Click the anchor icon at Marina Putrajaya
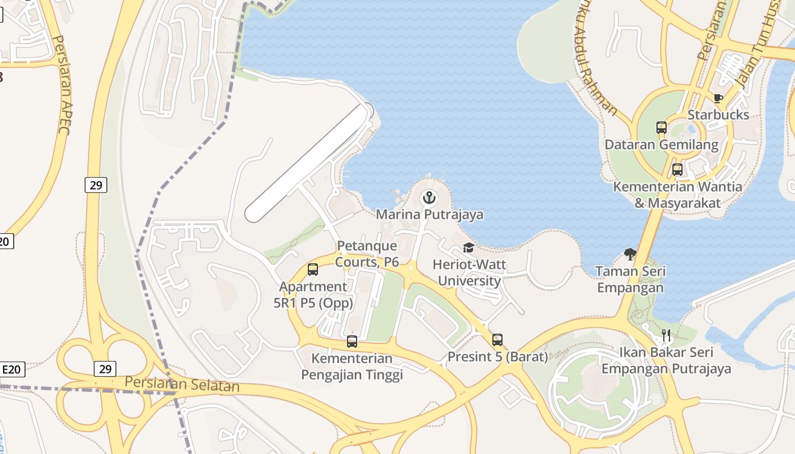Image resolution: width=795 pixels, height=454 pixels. click(429, 198)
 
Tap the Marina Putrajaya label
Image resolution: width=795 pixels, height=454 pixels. click(429, 215)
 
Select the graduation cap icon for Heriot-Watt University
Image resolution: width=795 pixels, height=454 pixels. click(468, 247)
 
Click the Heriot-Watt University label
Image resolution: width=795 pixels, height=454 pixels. click(469, 272)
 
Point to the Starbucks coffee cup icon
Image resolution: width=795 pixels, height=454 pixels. click(718, 98)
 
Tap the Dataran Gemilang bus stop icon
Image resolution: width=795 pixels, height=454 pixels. click(661, 128)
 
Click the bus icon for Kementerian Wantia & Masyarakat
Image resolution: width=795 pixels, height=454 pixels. click(677, 169)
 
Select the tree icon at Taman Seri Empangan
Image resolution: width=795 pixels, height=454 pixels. click(630, 254)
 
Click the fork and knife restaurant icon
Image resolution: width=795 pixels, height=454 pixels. click(667, 335)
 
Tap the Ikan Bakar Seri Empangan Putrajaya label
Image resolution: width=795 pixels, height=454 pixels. click(666, 361)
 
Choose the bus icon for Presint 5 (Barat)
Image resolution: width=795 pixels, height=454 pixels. click(497, 340)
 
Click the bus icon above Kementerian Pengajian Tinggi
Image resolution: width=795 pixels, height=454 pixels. click(352, 342)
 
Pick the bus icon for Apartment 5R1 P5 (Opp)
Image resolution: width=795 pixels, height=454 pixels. click(313, 270)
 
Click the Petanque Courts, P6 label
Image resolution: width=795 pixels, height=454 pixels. click(367, 254)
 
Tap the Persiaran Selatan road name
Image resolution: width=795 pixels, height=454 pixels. click(182, 384)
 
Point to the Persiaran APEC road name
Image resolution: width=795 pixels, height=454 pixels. click(60, 85)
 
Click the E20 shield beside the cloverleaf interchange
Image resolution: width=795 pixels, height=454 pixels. click(11, 369)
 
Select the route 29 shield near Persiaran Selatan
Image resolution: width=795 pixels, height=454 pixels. click(105, 369)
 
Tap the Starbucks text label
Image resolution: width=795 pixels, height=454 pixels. click(718, 115)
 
